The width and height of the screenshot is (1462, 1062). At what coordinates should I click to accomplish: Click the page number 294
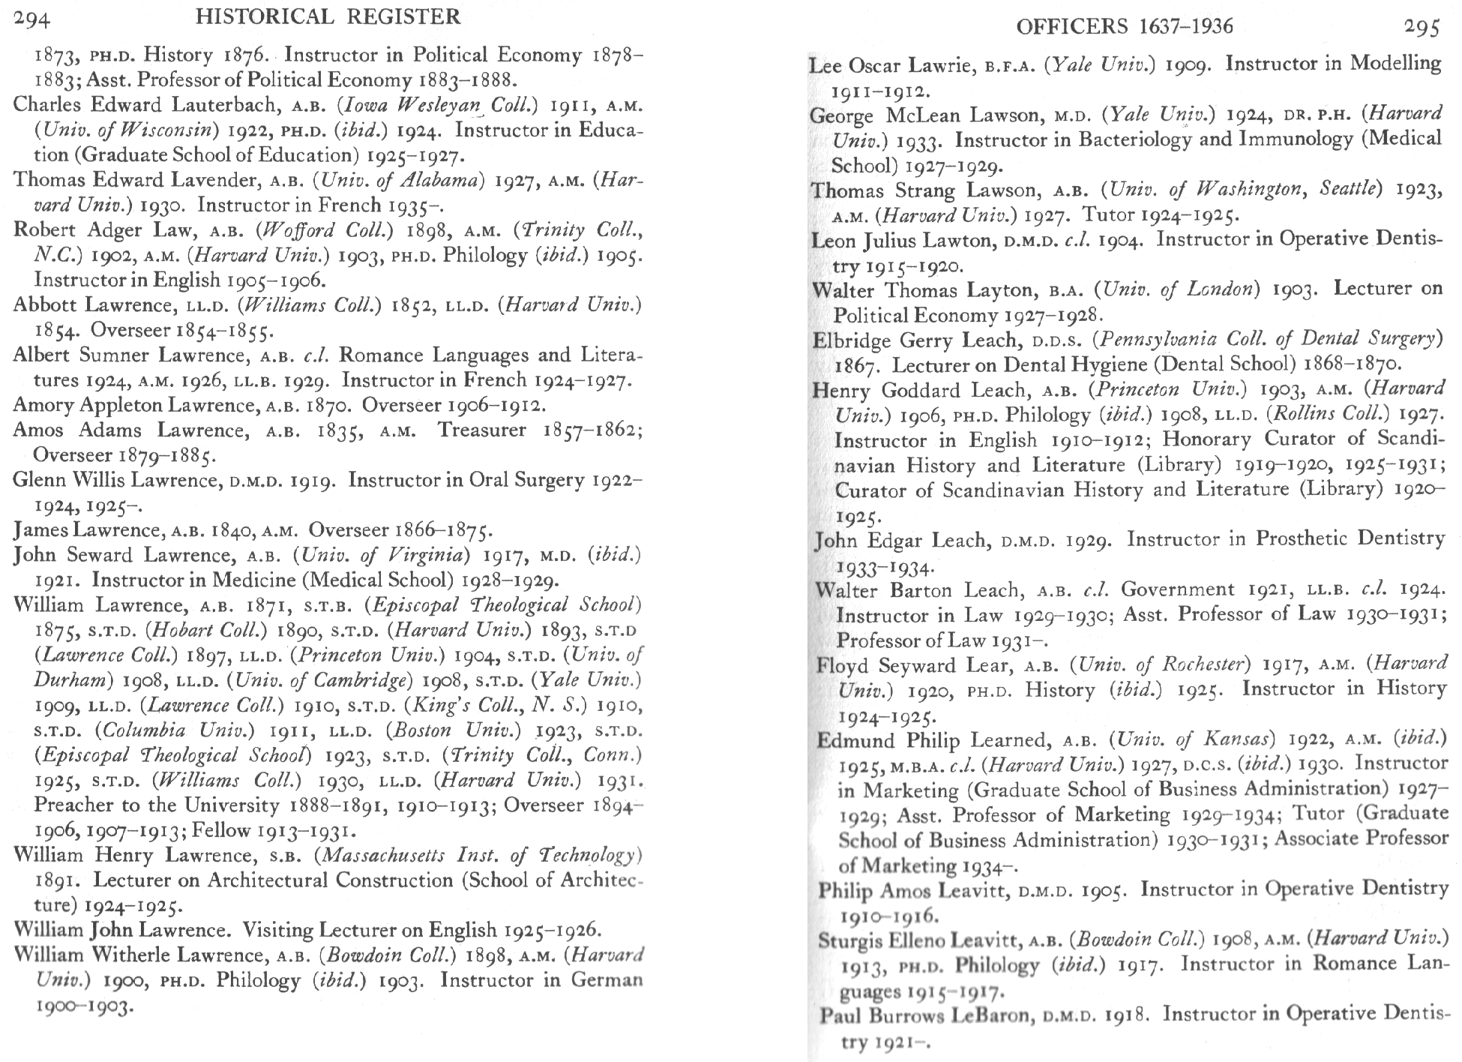[x=31, y=17]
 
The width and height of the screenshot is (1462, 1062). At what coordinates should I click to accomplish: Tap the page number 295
[x=1422, y=27]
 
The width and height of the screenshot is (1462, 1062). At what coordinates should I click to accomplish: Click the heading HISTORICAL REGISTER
[x=328, y=16]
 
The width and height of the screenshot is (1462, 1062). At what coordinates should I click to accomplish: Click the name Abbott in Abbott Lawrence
[x=46, y=305]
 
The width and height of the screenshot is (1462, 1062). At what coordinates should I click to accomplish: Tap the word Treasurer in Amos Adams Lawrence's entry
[x=482, y=430]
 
